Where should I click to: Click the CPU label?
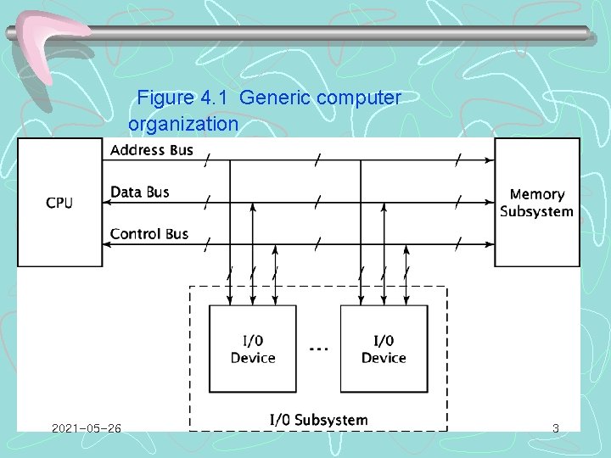(59, 203)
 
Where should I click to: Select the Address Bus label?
(152, 151)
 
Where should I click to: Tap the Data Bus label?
(140, 193)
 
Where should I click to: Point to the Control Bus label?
(149, 234)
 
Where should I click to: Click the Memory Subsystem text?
(536, 204)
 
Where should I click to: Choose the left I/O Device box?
(253, 349)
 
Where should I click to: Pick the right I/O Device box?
(384, 349)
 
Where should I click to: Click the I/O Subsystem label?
(318, 420)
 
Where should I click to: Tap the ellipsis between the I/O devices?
(318, 349)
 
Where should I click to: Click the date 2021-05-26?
(86, 428)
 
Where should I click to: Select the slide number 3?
(556, 428)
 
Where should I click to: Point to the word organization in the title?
(183, 124)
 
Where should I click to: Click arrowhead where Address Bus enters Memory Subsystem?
(490, 159)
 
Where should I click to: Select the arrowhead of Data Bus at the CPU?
(108, 203)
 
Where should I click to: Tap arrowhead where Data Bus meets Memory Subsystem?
(490, 203)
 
